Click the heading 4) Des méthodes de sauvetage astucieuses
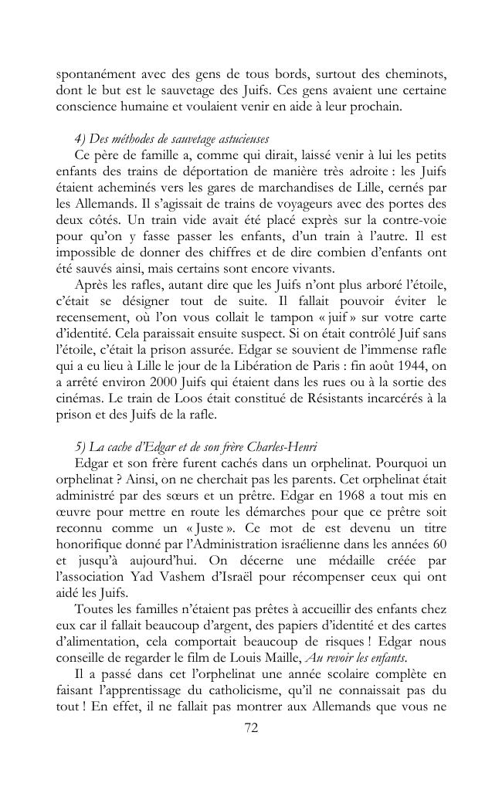coord(161,139)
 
